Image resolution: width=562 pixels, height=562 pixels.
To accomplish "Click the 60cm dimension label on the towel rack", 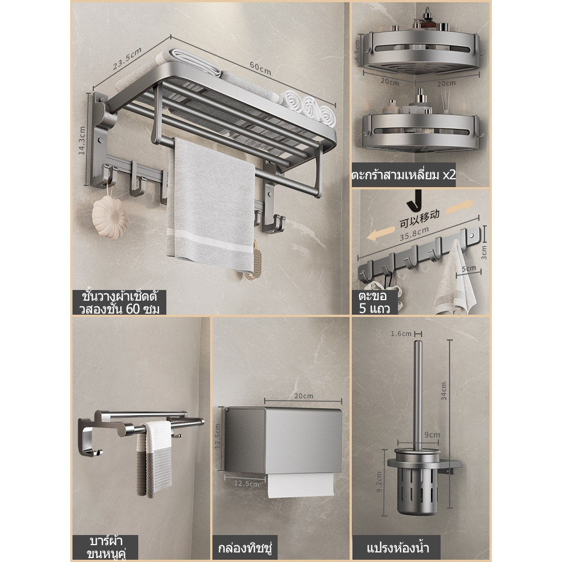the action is [260, 69].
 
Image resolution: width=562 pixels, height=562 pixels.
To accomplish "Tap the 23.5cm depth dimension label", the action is [127, 58].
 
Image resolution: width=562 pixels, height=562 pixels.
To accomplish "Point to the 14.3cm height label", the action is [82, 140].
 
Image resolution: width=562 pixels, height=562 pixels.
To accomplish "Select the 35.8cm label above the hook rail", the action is [414, 234].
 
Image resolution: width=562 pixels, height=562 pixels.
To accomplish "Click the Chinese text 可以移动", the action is [419, 219].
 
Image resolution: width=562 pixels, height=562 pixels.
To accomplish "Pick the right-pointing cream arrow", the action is [460, 207].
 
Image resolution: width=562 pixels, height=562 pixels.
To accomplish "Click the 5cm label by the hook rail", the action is [469, 268].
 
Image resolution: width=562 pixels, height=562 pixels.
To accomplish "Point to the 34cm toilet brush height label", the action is [444, 391].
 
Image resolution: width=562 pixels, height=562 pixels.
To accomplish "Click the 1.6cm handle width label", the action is [401, 334].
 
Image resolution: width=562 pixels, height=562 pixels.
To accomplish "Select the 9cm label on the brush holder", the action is [432, 434].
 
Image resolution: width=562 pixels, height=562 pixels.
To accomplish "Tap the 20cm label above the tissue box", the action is [303, 396].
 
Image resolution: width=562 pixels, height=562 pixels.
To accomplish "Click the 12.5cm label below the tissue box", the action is [247, 483].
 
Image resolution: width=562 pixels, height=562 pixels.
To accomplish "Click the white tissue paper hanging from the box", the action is [300, 485].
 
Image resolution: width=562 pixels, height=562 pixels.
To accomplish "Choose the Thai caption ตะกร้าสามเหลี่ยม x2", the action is [404, 175].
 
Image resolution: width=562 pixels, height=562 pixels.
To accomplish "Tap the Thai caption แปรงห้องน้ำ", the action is [398, 548].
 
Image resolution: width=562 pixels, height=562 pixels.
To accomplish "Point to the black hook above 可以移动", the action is [415, 201].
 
